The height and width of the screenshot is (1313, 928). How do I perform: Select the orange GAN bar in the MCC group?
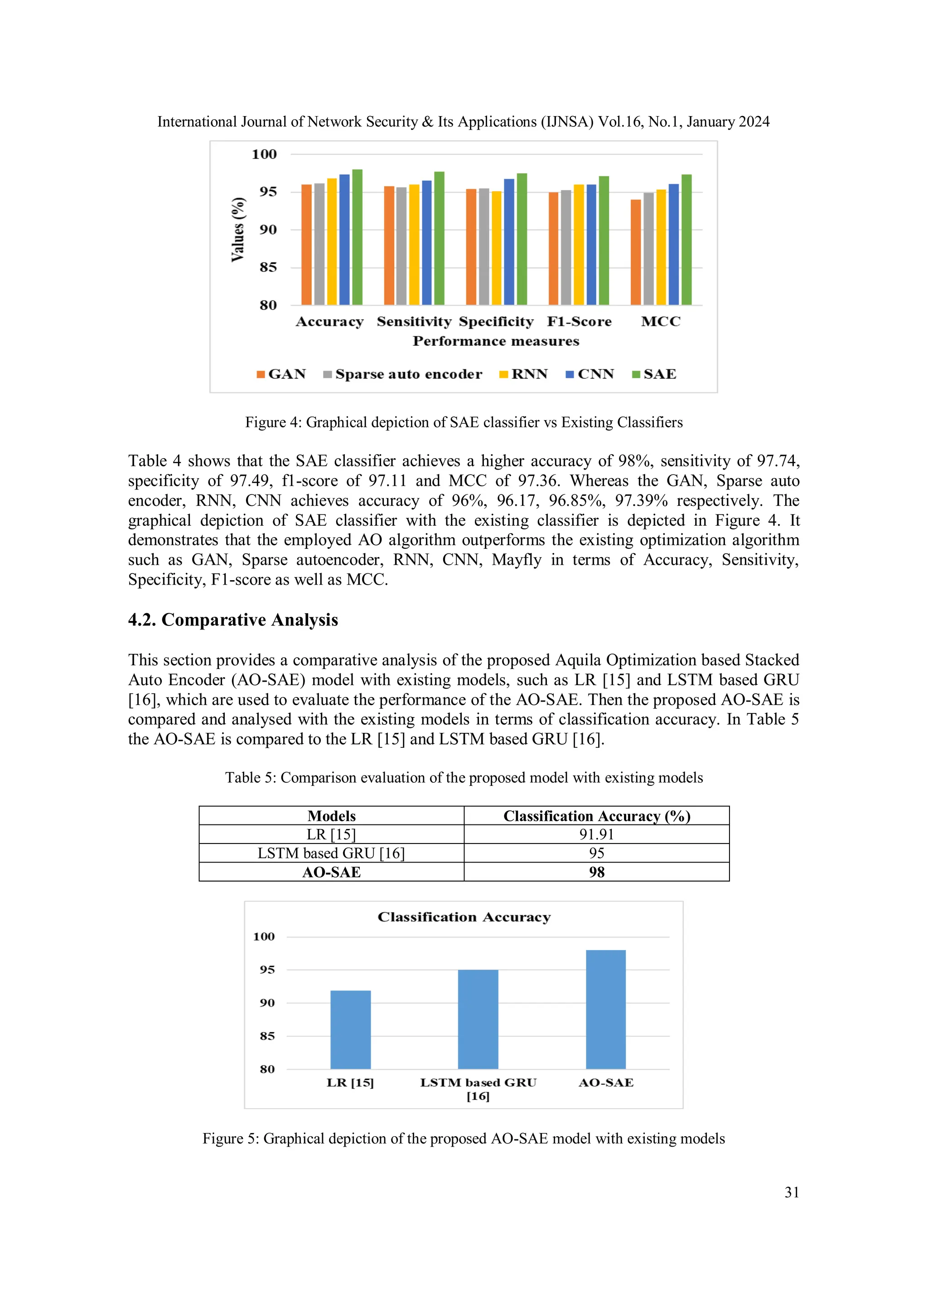tap(635, 252)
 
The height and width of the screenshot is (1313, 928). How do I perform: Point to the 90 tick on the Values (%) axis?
tap(268, 230)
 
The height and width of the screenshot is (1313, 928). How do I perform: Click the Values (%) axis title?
tap(238, 230)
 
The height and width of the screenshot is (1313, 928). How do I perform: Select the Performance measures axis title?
tap(496, 341)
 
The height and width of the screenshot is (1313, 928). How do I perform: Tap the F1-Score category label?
tap(579, 321)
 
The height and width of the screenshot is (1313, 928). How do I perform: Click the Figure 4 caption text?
tap(464, 422)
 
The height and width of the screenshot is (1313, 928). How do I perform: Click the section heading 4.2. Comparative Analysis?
tap(233, 620)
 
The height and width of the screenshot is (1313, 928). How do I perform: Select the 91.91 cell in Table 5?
tap(596, 834)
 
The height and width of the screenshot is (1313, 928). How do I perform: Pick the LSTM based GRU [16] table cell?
tap(331, 853)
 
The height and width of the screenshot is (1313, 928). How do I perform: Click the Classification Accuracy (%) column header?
tap(596, 816)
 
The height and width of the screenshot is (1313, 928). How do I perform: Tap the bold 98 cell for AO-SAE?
tap(596, 872)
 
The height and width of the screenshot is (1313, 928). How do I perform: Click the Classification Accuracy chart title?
tap(464, 917)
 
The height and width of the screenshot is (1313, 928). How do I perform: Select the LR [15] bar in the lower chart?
tap(351, 1029)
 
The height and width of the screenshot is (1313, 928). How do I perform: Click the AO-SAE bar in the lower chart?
tap(605, 1009)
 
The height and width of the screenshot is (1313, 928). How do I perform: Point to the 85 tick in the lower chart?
tap(267, 1036)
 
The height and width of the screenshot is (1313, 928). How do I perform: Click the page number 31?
tap(791, 1192)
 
